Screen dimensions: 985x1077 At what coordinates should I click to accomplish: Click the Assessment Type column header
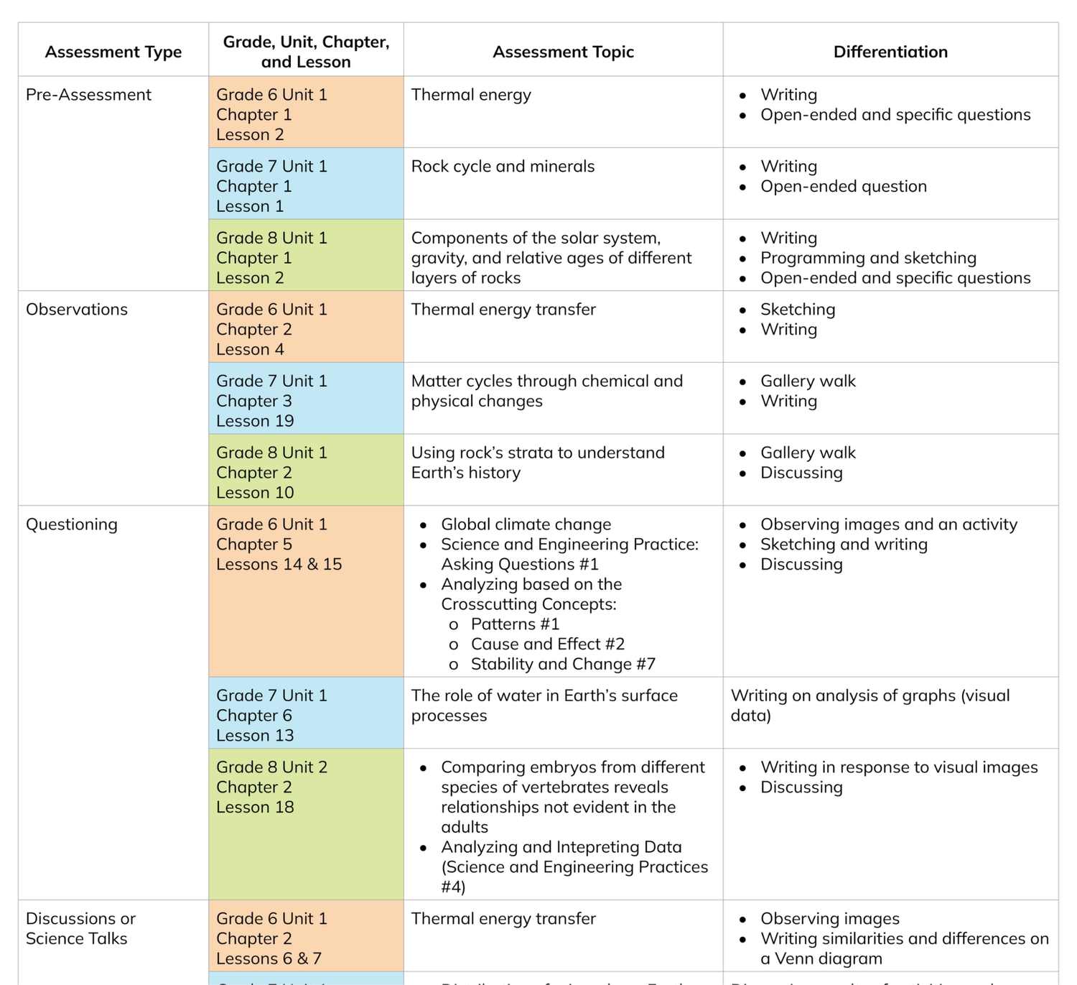point(113,52)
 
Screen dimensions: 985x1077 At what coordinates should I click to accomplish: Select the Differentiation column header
point(890,52)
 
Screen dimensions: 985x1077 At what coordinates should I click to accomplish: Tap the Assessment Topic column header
point(563,52)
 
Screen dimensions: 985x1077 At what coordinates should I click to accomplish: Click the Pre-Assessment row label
point(88,95)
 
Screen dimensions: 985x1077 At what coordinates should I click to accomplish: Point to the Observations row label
point(77,310)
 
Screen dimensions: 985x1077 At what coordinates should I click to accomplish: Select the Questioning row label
point(72,524)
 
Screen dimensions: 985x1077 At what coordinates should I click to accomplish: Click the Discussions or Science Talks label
point(80,928)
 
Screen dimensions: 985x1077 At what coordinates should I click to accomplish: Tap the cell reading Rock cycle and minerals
point(503,167)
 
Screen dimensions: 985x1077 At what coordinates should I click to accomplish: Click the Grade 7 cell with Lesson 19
point(271,401)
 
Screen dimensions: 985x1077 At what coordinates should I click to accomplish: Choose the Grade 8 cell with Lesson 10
point(271,473)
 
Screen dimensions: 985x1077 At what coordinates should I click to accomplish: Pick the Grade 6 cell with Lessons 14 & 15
point(279,545)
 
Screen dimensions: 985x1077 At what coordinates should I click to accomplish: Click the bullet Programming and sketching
point(868,258)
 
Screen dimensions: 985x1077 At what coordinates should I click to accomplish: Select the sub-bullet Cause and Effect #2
point(547,644)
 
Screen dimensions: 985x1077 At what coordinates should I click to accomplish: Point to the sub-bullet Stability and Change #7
point(563,665)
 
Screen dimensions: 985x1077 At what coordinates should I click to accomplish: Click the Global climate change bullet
point(526,524)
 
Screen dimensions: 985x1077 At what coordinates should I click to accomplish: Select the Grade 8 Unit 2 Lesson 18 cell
point(271,787)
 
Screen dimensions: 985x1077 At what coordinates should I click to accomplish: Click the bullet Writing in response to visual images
point(899,767)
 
